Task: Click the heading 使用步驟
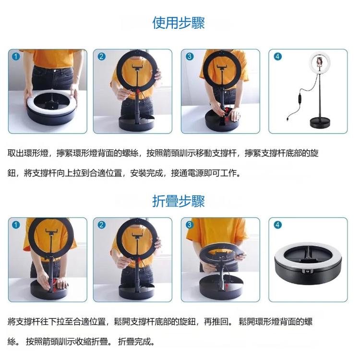point(179,23)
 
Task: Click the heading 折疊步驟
point(179,201)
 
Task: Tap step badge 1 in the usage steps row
point(16,56)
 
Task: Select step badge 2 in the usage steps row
point(101,56)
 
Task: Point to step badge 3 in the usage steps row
point(189,56)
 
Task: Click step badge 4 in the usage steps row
point(277,56)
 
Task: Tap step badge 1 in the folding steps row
point(16,225)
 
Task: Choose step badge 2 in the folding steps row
point(101,225)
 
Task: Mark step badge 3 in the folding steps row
point(189,225)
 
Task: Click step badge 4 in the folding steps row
point(277,225)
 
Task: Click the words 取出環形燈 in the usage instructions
point(28,154)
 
